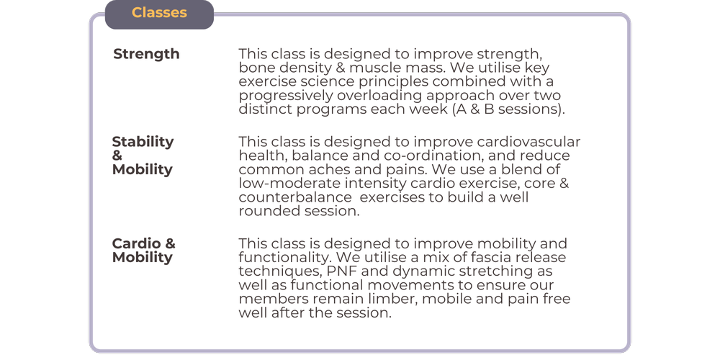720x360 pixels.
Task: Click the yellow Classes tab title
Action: (x=159, y=13)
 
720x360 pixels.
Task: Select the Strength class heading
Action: (x=146, y=54)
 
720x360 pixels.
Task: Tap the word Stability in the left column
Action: (x=143, y=142)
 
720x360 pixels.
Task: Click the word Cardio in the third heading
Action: (x=135, y=243)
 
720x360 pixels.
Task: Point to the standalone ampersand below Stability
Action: (x=117, y=156)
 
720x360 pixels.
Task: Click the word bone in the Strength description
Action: (x=255, y=68)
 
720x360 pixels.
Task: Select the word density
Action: (x=302, y=68)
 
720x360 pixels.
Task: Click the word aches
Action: (x=330, y=170)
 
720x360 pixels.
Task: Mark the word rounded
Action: (x=266, y=212)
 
